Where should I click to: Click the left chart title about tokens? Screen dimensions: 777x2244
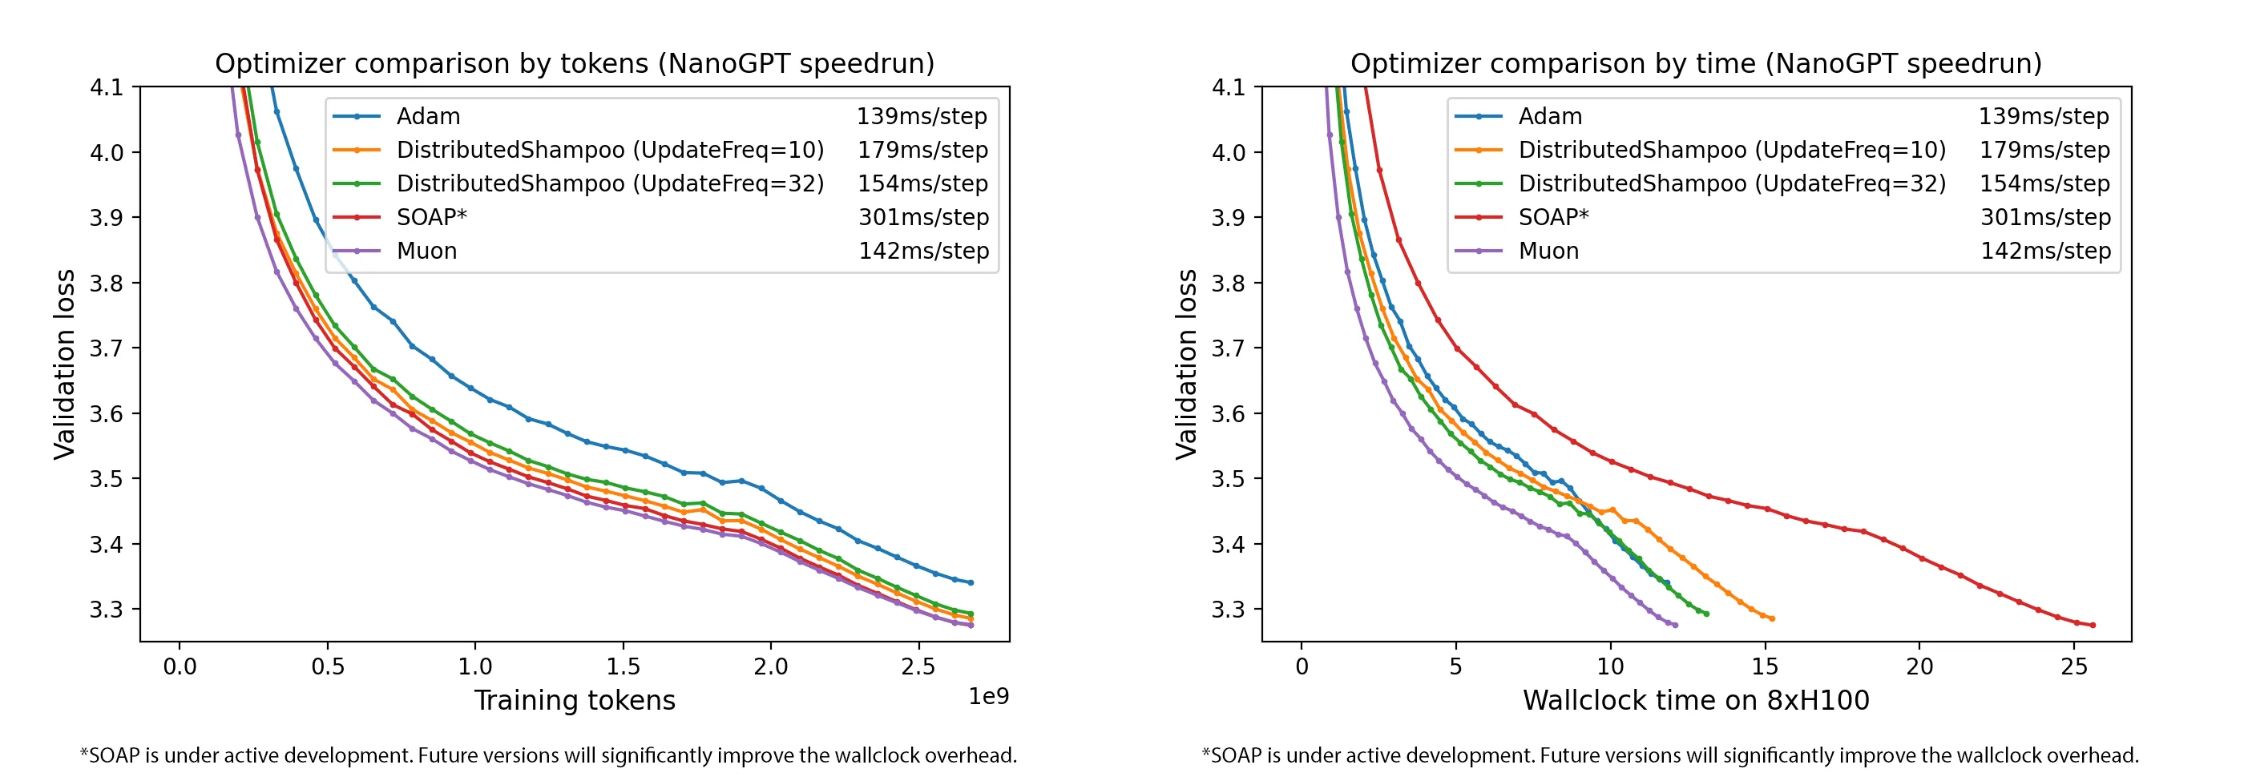click(574, 63)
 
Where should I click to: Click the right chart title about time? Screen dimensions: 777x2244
click(1695, 63)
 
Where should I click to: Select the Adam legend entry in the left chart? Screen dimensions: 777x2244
click(428, 116)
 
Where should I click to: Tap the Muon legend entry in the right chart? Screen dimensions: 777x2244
click(1548, 251)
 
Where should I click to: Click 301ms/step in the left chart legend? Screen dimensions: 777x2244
click(922, 217)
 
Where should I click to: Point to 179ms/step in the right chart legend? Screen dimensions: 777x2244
click(2044, 150)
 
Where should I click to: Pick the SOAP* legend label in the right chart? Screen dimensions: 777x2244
click(1553, 217)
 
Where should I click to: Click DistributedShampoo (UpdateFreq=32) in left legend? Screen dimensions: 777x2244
click(610, 183)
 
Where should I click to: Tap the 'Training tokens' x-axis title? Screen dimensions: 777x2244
click(574, 700)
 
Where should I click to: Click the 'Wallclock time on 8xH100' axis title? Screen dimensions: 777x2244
click(1695, 700)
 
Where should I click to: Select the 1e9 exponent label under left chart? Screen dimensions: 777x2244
click(988, 696)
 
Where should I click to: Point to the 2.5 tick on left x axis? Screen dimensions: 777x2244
click(918, 666)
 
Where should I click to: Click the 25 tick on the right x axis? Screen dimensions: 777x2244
click(2074, 666)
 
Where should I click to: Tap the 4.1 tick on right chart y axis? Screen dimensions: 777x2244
click(1228, 87)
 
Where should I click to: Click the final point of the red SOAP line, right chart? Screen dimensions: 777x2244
click(2093, 626)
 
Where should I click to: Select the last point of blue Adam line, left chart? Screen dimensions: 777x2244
click(971, 583)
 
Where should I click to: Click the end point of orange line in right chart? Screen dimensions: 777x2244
click(1772, 619)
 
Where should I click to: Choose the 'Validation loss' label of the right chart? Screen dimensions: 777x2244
click(1185, 364)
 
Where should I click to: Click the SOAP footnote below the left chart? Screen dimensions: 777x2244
click(548, 755)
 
